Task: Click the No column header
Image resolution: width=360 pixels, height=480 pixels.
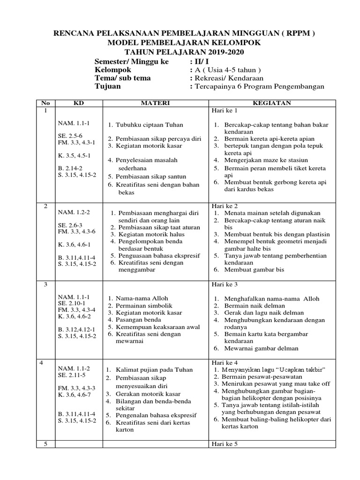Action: click(45, 103)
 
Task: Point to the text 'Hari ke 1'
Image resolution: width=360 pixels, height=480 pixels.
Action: click(225, 111)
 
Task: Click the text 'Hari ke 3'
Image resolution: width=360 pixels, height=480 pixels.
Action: click(225, 285)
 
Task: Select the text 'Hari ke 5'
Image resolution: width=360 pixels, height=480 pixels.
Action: click(225, 444)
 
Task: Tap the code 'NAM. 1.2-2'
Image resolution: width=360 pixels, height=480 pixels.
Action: click(74, 212)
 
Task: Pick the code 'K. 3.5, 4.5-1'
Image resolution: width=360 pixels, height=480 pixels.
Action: click(74, 155)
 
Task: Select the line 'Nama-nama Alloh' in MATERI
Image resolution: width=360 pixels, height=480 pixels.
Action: click(142, 298)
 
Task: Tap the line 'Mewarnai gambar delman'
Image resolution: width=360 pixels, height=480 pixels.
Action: click(261, 348)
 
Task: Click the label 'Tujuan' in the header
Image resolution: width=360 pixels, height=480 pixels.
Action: click(107, 86)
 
